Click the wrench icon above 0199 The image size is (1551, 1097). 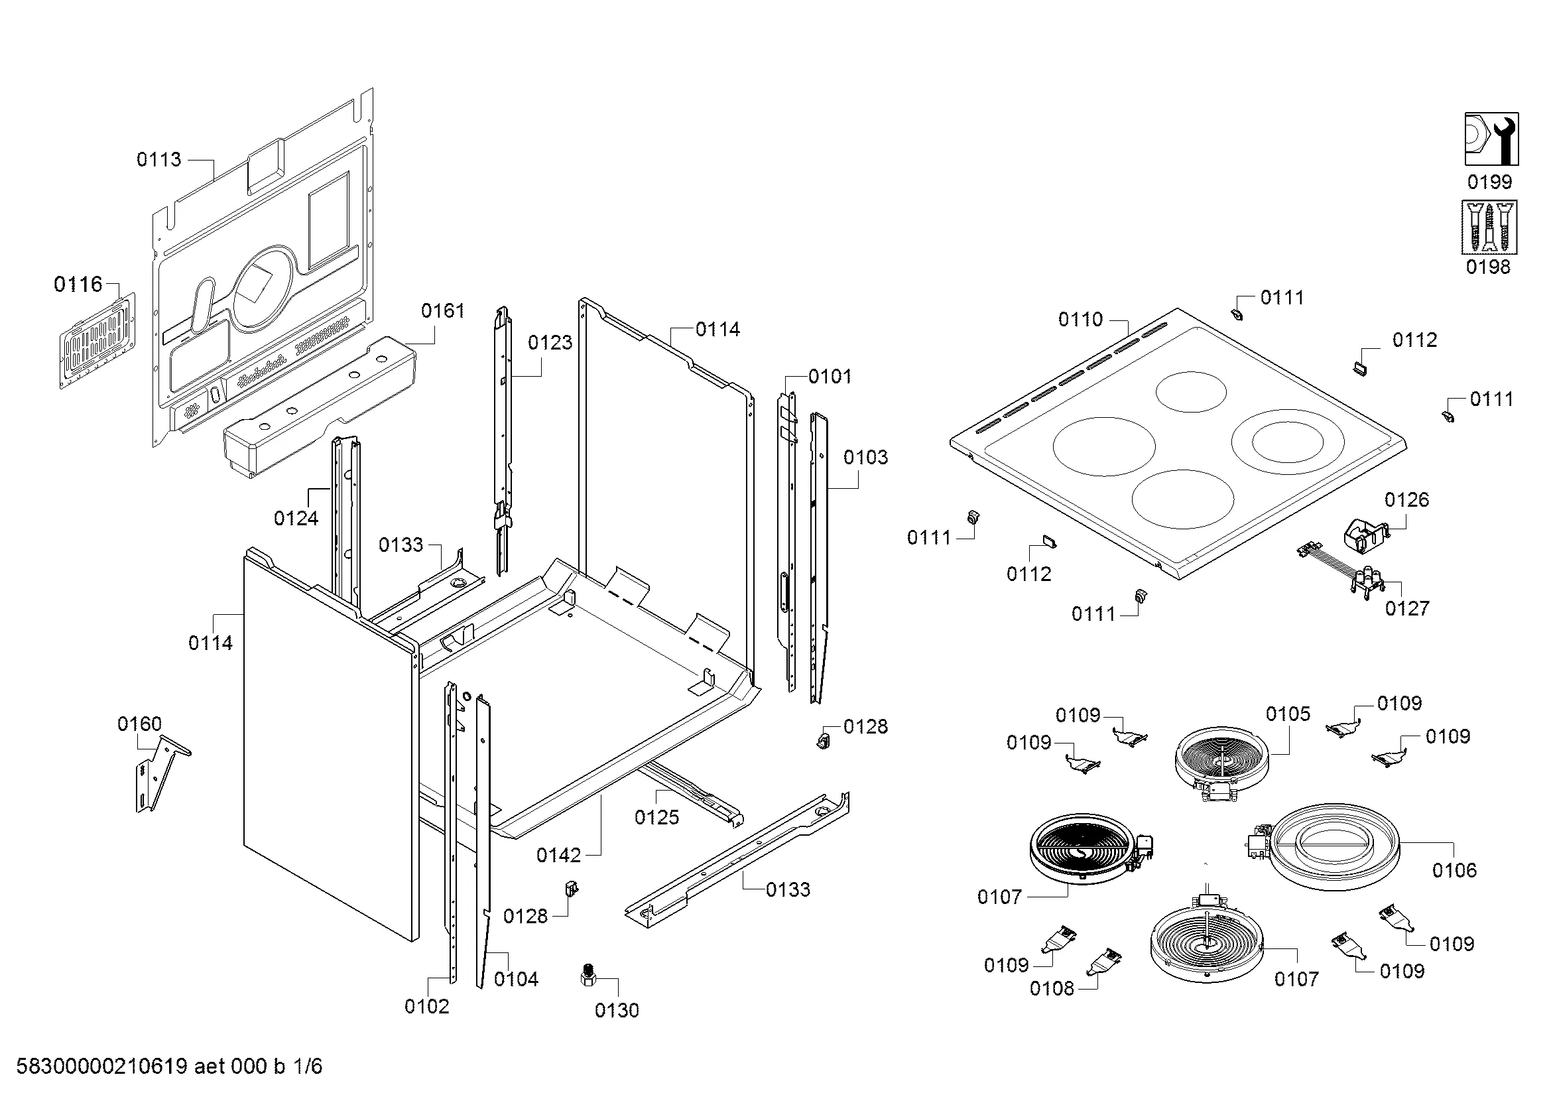tap(1491, 139)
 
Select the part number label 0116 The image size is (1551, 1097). tap(78, 285)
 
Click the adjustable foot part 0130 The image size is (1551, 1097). tap(588, 977)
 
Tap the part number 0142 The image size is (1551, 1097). tap(558, 856)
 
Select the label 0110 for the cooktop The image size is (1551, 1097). tap(1080, 320)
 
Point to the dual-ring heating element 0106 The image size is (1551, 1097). tap(1334, 847)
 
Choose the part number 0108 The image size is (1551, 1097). tap(1051, 989)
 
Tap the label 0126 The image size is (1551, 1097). tap(1406, 500)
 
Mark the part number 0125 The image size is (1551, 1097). tap(656, 817)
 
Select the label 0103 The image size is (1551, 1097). tap(865, 458)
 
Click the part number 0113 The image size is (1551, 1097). tap(158, 159)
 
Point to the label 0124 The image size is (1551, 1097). tap(296, 518)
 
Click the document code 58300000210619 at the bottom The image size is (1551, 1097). tap(101, 1066)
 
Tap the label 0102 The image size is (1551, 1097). tap(426, 1007)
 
